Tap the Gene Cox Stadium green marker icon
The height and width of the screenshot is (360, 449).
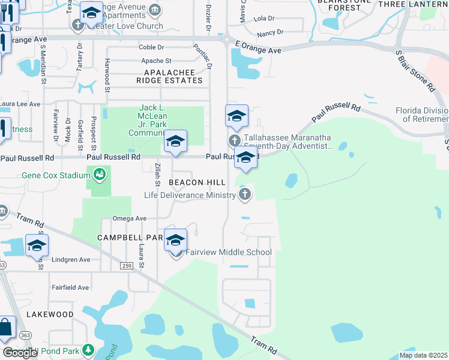coord(100,175)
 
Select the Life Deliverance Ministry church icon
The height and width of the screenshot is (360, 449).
coord(244,194)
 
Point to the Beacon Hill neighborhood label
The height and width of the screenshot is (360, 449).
coord(197,182)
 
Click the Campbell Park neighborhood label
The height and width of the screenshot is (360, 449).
coord(131,238)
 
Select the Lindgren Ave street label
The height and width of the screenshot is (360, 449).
coord(70,260)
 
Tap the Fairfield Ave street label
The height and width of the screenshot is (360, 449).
coord(70,287)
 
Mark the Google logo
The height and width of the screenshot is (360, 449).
coord(20,353)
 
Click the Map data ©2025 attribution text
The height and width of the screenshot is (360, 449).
coord(423,355)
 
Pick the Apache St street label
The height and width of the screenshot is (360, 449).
coord(156,61)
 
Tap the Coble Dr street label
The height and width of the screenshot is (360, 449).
coord(155,47)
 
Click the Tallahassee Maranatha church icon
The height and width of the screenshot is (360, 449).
coord(234,140)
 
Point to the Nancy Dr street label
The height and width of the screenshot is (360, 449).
coord(269,32)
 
